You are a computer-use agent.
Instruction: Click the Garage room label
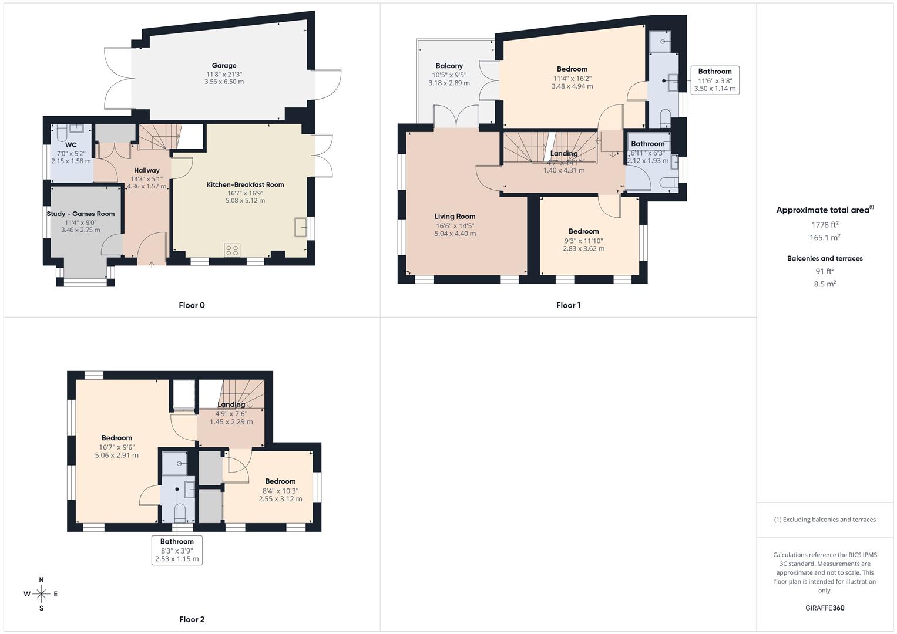[x=224, y=66]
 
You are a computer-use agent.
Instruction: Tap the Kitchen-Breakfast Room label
[x=245, y=185]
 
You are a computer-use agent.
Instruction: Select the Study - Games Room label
[x=80, y=214]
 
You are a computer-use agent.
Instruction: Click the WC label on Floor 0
[x=71, y=145]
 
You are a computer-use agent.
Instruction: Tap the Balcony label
[x=449, y=66]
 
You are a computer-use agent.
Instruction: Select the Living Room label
[x=455, y=217]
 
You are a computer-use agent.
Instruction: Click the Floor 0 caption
[x=192, y=305]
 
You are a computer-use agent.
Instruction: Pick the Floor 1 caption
[x=568, y=305]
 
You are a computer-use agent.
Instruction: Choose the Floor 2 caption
[x=192, y=619]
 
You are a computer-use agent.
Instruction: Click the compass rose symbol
[x=41, y=594]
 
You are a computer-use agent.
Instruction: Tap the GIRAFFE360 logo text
[x=825, y=608]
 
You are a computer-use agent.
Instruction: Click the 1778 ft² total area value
[x=825, y=224]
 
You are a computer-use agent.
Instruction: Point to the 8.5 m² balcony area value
[x=825, y=284]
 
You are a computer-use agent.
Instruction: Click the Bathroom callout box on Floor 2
[x=177, y=550]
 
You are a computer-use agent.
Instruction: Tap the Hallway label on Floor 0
[x=146, y=170]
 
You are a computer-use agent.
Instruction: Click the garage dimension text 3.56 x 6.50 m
[x=224, y=82]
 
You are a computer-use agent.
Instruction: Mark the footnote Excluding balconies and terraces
[x=825, y=520]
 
